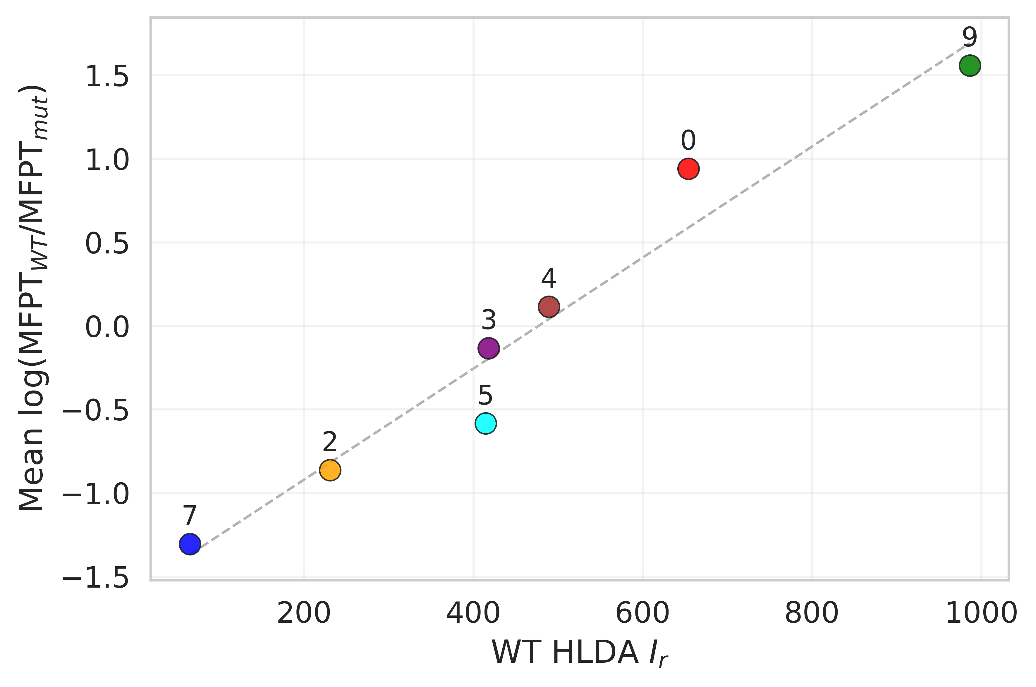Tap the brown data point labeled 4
[549, 307]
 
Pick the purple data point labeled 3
[488, 348]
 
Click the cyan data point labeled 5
[485, 423]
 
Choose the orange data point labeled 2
[330, 470]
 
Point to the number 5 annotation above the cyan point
[485, 396]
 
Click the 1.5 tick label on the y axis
[107, 77]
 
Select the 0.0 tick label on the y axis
[107, 327]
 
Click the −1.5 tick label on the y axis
[96, 578]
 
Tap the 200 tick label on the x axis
[303, 613]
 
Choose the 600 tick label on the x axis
[642, 613]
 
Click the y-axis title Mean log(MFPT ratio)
[33, 298]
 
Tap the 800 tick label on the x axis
[812, 613]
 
